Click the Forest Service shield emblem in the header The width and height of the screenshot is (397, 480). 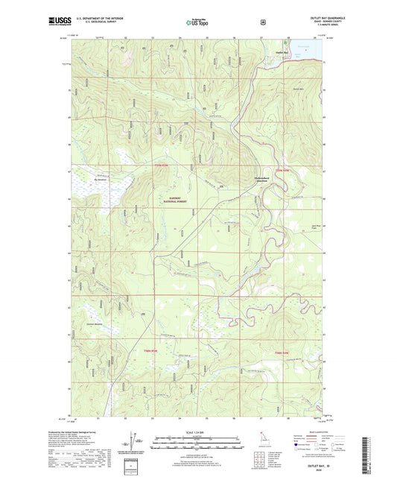click(x=262, y=22)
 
